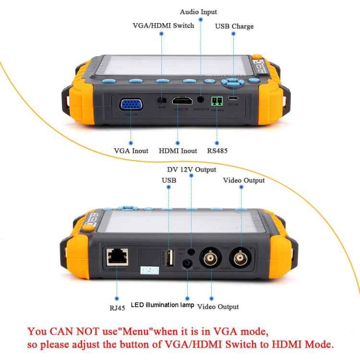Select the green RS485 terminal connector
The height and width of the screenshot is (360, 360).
pos(217,101)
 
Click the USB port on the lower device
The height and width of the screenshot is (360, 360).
pos(169,258)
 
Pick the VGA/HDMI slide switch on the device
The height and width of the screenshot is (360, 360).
pos(162,101)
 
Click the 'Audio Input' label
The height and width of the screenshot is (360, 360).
pos(198,12)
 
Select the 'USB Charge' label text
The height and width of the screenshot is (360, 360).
pos(234,26)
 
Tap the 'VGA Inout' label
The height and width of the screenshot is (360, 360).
pos(131,151)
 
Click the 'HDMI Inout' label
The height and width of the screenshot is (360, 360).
pos(178,151)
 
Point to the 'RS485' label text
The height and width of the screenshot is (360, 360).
pos(217,151)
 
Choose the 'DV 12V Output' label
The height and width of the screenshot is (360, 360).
pos(192,169)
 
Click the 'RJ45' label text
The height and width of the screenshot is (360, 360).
pos(117,308)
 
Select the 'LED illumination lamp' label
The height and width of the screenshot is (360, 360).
pos(163,305)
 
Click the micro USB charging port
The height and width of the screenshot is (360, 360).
pos(233,100)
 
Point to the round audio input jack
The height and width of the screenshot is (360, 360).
pos(200,100)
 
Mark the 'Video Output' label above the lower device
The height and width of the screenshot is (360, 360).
pos(244,180)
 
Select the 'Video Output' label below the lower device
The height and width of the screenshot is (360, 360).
pos(218,306)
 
